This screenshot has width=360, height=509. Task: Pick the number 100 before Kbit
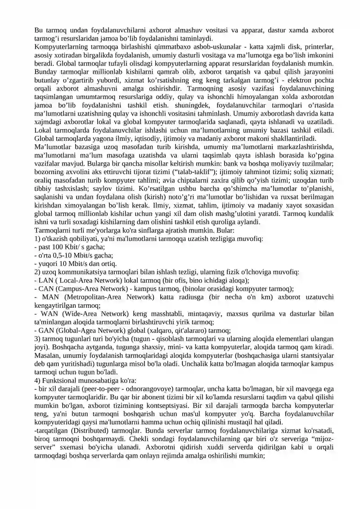pos(58,247)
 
